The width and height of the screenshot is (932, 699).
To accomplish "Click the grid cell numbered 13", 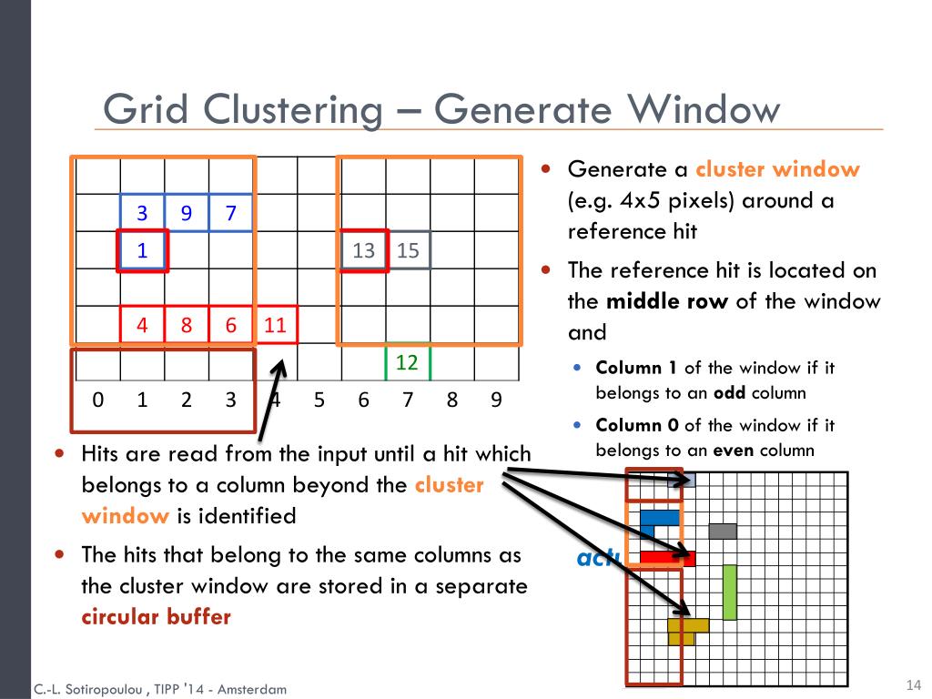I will click(x=364, y=250).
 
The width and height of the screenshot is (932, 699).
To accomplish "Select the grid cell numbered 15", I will click(x=409, y=250).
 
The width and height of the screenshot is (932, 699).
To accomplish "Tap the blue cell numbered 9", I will click(x=187, y=214).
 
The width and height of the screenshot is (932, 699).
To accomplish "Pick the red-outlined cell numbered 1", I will click(x=142, y=250).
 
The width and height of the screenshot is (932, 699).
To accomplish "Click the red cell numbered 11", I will click(x=276, y=325).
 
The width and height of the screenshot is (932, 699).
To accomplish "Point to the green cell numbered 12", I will click(x=407, y=362).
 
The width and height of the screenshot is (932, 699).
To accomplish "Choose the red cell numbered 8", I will click(x=187, y=325).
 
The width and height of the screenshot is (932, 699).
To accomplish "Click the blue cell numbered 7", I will click(x=231, y=214).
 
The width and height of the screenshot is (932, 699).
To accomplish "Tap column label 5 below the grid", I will click(x=319, y=400).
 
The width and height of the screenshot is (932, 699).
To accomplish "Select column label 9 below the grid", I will click(x=496, y=400).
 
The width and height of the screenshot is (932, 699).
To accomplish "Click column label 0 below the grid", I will click(x=98, y=400).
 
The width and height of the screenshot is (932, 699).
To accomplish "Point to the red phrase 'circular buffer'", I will click(x=157, y=616).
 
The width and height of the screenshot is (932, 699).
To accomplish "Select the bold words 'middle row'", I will click(x=667, y=301).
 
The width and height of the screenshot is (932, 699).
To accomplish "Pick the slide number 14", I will click(x=914, y=684).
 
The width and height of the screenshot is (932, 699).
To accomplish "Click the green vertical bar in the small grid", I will click(x=729, y=592).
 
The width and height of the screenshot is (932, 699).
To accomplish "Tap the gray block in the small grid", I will click(x=723, y=531).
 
